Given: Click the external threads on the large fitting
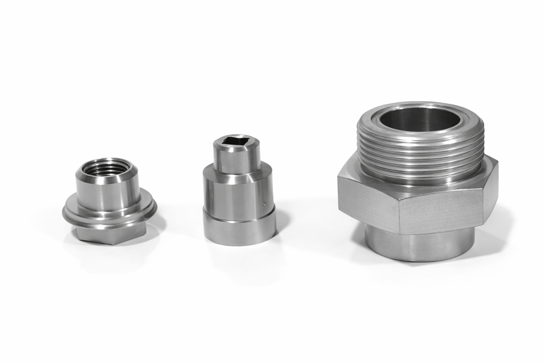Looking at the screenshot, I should [418, 156].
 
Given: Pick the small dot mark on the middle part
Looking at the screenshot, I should [263, 203].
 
